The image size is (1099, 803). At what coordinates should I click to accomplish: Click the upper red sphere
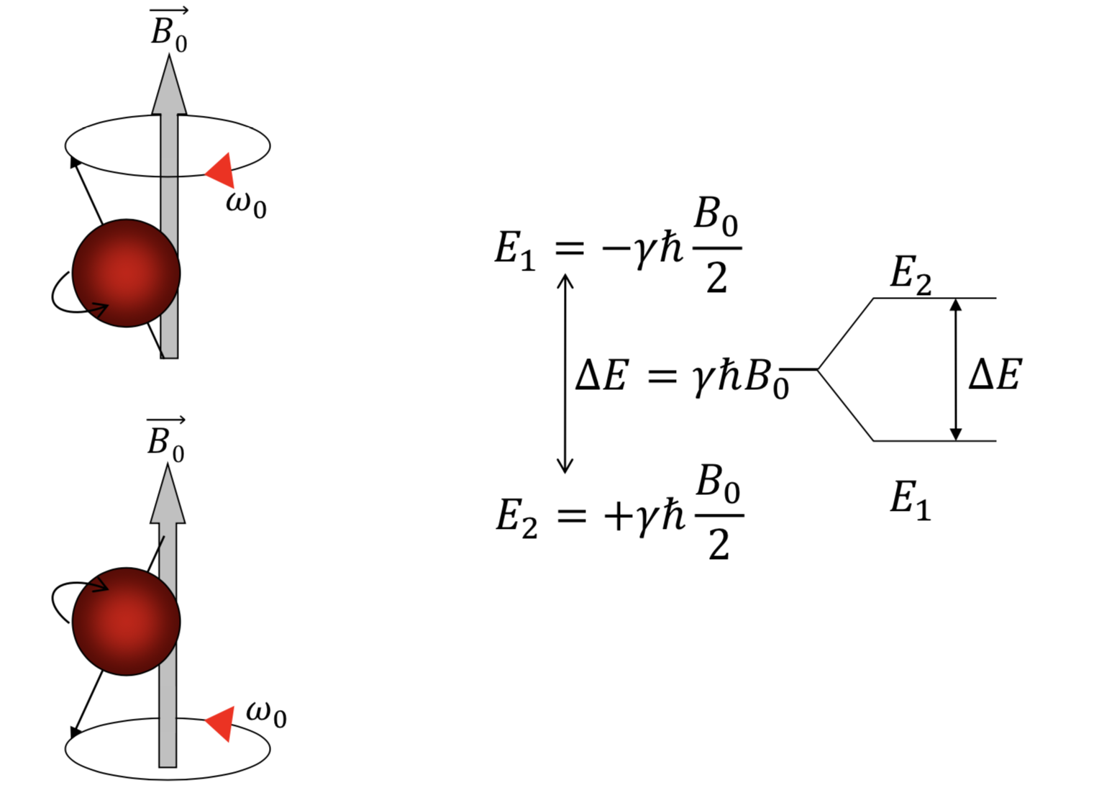click(126, 273)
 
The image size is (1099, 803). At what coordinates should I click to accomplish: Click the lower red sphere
click(126, 621)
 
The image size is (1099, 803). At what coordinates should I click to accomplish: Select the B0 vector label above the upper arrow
click(169, 30)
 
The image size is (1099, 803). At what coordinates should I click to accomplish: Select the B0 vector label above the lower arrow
click(166, 439)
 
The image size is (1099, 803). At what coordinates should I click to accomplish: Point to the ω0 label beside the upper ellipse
click(246, 204)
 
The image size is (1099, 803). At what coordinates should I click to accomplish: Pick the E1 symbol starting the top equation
click(515, 250)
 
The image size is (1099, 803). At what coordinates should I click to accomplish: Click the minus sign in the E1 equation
click(616, 249)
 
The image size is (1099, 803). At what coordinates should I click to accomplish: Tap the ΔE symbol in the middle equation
click(602, 376)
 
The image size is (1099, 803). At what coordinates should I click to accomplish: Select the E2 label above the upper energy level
click(911, 274)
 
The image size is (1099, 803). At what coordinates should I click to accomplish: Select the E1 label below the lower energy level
click(911, 499)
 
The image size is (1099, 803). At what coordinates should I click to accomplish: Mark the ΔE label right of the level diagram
click(995, 375)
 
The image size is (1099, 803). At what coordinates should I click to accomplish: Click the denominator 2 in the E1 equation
click(716, 277)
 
